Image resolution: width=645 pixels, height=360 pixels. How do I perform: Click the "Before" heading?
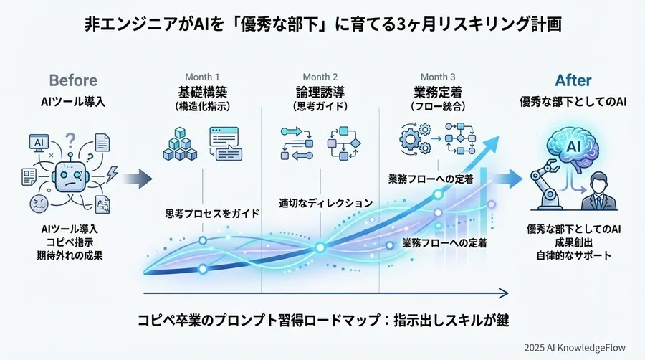pos(73,80)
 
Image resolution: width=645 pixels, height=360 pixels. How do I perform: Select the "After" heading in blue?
pos(573,80)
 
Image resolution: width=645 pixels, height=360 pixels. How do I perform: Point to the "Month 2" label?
pos(320,77)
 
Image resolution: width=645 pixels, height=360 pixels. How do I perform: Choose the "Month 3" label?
pos(438,77)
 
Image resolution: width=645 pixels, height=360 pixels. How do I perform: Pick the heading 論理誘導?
pos(320,92)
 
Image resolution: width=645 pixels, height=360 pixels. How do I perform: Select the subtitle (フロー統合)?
pos(438,106)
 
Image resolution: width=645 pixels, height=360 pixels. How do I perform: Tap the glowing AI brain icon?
pos(573,147)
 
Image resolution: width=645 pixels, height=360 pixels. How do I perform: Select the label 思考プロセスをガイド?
pos(212,213)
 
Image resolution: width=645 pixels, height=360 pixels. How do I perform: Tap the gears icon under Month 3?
pos(415,136)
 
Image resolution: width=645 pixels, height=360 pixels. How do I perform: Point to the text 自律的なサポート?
pos(573,255)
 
